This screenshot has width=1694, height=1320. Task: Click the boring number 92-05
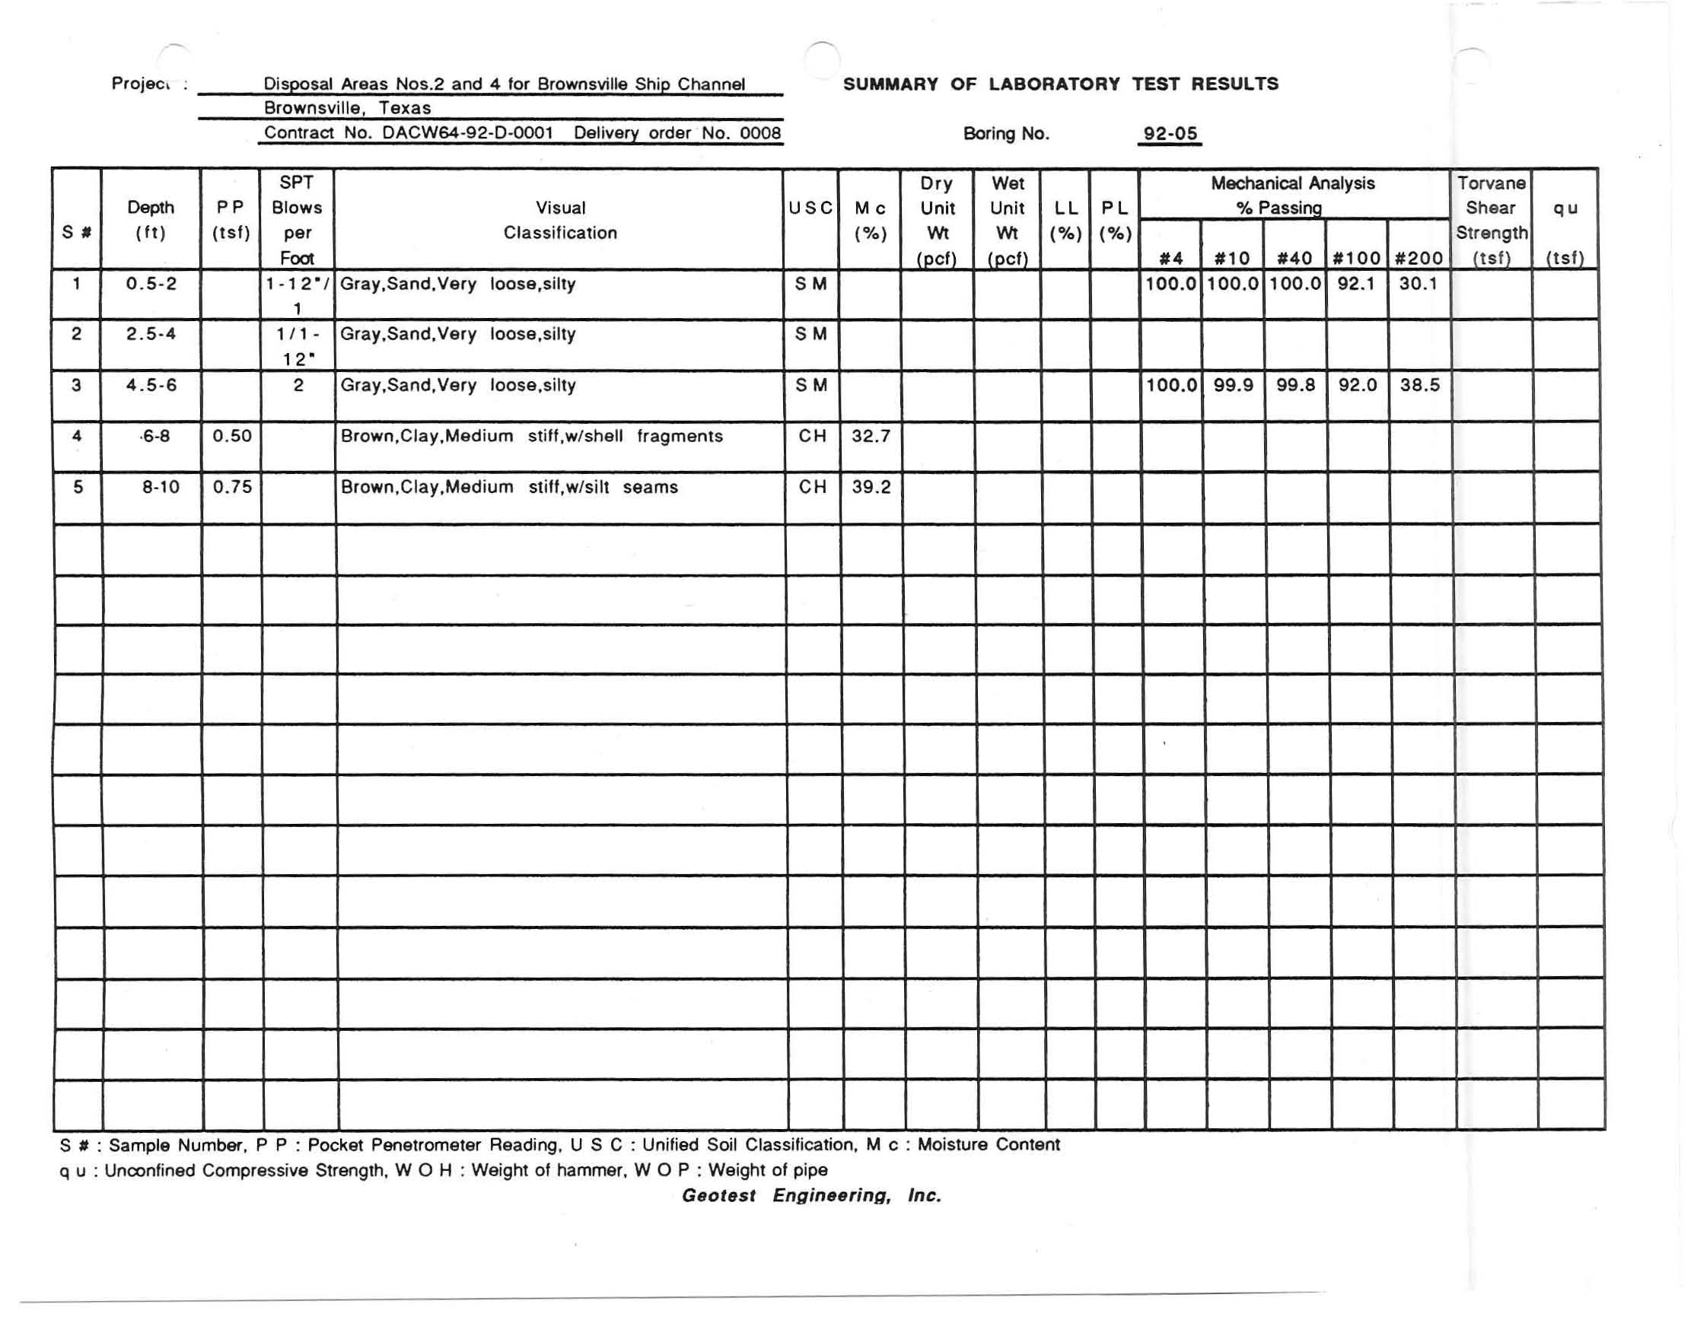click(x=1170, y=133)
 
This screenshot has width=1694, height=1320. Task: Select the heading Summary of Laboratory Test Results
click(x=1060, y=84)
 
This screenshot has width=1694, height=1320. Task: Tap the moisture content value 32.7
click(x=871, y=436)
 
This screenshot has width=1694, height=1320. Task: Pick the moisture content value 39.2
click(x=871, y=487)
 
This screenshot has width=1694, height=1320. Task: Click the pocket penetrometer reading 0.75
click(x=232, y=487)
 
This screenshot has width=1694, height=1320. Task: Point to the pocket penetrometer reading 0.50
click(x=232, y=436)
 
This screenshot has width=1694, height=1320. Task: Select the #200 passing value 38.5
click(x=1419, y=386)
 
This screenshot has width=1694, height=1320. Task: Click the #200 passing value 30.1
click(x=1418, y=284)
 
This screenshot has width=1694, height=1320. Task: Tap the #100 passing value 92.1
click(x=1356, y=284)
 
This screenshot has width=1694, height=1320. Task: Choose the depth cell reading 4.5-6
click(x=151, y=386)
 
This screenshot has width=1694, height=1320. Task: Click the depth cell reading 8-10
click(x=161, y=487)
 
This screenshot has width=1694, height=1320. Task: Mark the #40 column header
click(x=1294, y=258)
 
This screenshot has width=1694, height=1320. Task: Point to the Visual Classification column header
click(x=560, y=221)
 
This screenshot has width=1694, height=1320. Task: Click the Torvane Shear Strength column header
click(x=1491, y=221)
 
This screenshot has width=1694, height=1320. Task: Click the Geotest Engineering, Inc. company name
click(x=811, y=1195)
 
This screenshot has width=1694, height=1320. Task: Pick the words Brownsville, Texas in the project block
click(x=347, y=108)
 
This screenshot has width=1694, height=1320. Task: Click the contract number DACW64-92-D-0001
click(x=468, y=132)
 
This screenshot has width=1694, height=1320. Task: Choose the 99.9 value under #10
click(x=1233, y=386)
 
